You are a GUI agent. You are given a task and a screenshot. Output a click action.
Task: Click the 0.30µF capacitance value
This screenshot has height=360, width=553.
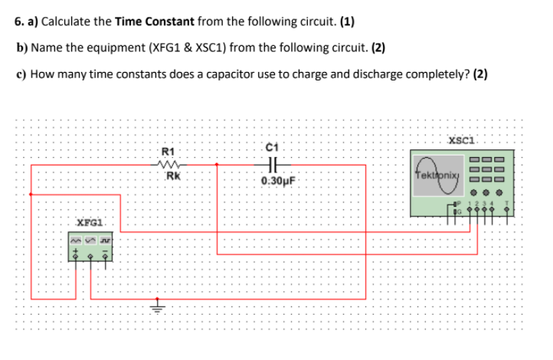[x=274, y=182]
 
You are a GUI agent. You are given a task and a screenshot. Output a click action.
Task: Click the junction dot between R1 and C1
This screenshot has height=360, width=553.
[x=218, y=163]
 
